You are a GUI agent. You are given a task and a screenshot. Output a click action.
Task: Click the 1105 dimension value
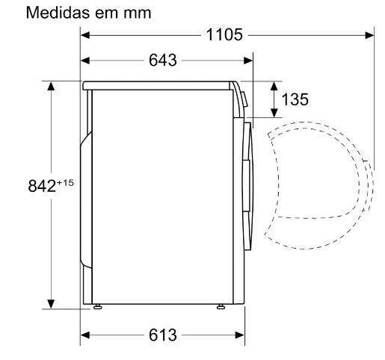(x=224, y=35)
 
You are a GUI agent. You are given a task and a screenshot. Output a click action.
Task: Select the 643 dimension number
(x=163, y=60)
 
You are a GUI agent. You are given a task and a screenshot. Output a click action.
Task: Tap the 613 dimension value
(x=163, y=335)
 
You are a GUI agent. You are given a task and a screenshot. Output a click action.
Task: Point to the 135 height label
(x=295, y=99)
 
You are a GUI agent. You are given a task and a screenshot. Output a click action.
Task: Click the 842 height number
(x=42, y=186)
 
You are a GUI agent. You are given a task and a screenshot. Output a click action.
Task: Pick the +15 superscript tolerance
(x=65, y=183)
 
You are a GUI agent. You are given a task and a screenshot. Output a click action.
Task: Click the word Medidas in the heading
(x=59, y=12)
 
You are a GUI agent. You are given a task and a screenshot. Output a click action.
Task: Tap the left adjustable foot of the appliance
(x=97, y=306)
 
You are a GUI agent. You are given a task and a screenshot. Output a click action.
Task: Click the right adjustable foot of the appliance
(x=221, y=306)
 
